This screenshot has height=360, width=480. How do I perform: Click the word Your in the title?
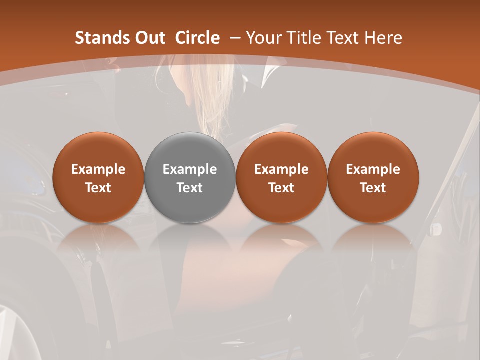point(263,38)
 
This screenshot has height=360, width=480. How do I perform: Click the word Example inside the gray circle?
point(190,169)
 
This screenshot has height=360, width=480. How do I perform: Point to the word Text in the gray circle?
point(190,188)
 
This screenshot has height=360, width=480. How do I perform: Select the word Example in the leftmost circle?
point(98,169)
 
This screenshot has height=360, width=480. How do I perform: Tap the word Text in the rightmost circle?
point(373,188)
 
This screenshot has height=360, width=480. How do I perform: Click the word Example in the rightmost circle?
point(373,169)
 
